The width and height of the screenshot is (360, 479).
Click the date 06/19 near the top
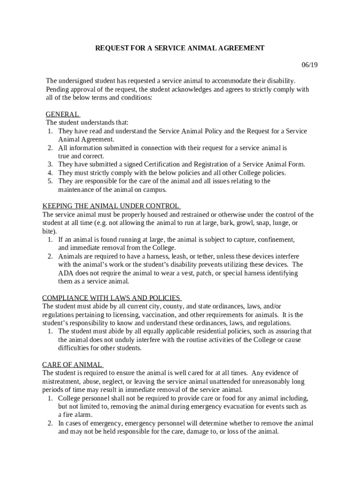point(309,65)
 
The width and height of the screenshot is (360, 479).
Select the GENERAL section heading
point(62,115)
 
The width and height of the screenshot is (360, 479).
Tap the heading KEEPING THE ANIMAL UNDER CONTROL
point(111,206)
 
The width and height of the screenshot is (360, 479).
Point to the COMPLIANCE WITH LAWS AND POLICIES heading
point(111,298)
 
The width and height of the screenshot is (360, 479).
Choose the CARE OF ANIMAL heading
point(72,365)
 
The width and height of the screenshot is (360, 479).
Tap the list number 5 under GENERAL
point(50,181)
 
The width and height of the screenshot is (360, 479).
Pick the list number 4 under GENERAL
point(50,173)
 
